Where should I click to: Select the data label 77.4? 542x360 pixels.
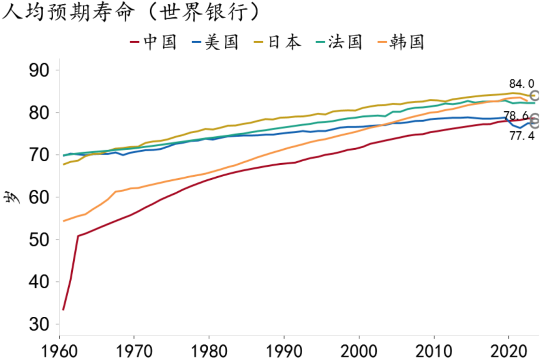pos(522,136)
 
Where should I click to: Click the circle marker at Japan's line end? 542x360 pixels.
pos(535,95)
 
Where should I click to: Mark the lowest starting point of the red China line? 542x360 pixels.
pos(63,310)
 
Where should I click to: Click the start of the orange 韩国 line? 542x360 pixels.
pos(63,221)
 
